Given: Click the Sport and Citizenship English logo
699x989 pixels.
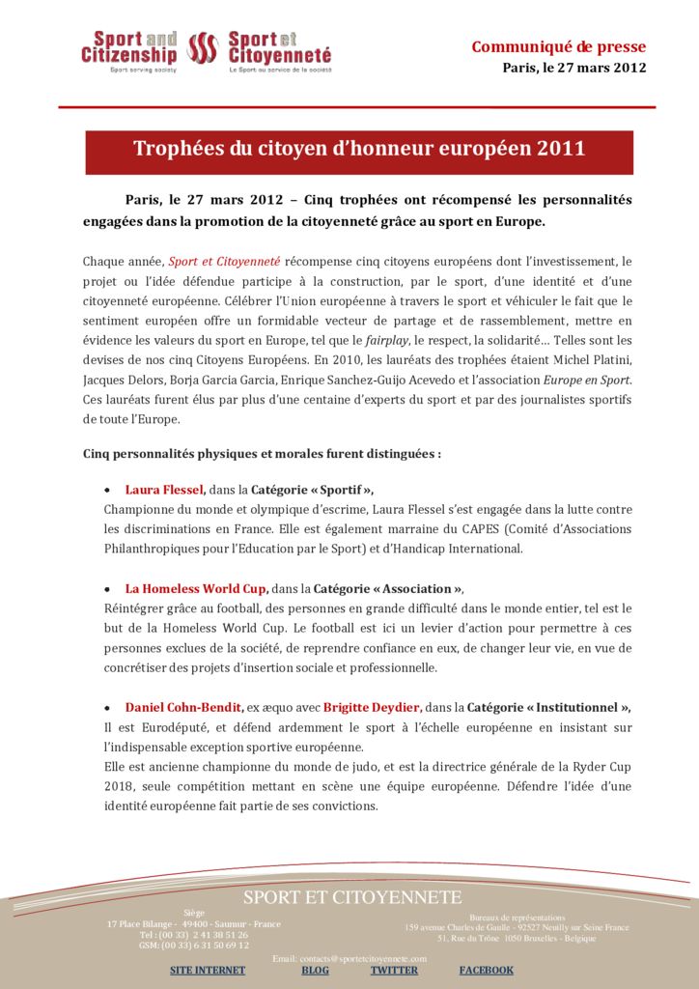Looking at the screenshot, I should tap(129, 51).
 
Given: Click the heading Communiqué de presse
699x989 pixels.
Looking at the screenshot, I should tap(558, 46).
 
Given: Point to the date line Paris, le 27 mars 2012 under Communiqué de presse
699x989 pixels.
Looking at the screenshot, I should tap(573, 68).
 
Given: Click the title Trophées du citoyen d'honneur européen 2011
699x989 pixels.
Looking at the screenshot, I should tap(359, 149).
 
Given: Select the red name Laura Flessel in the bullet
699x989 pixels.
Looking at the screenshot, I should tap(164, 490).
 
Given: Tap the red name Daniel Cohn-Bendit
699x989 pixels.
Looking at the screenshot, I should tap(183, 707).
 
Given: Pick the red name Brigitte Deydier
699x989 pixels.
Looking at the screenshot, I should tap(372, 707).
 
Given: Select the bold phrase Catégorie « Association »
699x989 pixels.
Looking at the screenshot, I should tap(388, 588).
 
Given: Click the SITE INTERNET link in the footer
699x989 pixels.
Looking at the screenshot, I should tap(208, 970).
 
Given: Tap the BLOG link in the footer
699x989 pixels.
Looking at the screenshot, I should tap(315, 970).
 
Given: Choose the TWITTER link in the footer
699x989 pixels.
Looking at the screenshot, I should tap(394, 970).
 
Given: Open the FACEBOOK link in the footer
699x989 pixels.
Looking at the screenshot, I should tap(486, 970).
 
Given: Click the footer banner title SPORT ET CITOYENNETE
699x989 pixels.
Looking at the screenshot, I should tap(352, 897).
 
